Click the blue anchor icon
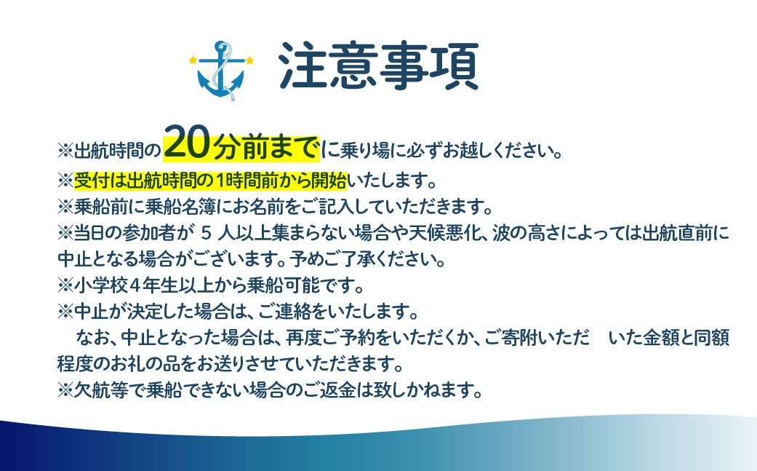221,70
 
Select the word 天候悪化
446,233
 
